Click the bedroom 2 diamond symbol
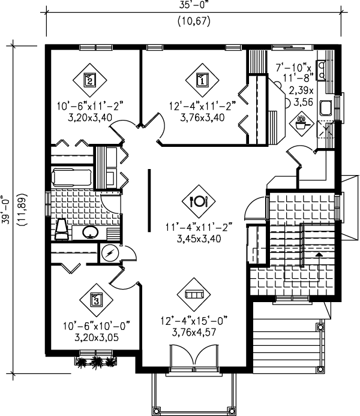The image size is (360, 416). tap(89, 79)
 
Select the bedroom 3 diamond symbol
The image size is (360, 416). tap(95, 300)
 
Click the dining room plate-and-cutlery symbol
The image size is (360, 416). tap(198, 201)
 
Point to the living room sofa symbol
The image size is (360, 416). tap(194, 294)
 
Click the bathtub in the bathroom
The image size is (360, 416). tap(73, 178)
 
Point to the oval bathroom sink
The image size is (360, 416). tap(90, 232)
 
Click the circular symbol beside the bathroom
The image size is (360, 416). tap(110, 253)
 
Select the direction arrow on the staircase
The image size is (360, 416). tap(319, 254)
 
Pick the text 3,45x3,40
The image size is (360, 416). tap(197, 237)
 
